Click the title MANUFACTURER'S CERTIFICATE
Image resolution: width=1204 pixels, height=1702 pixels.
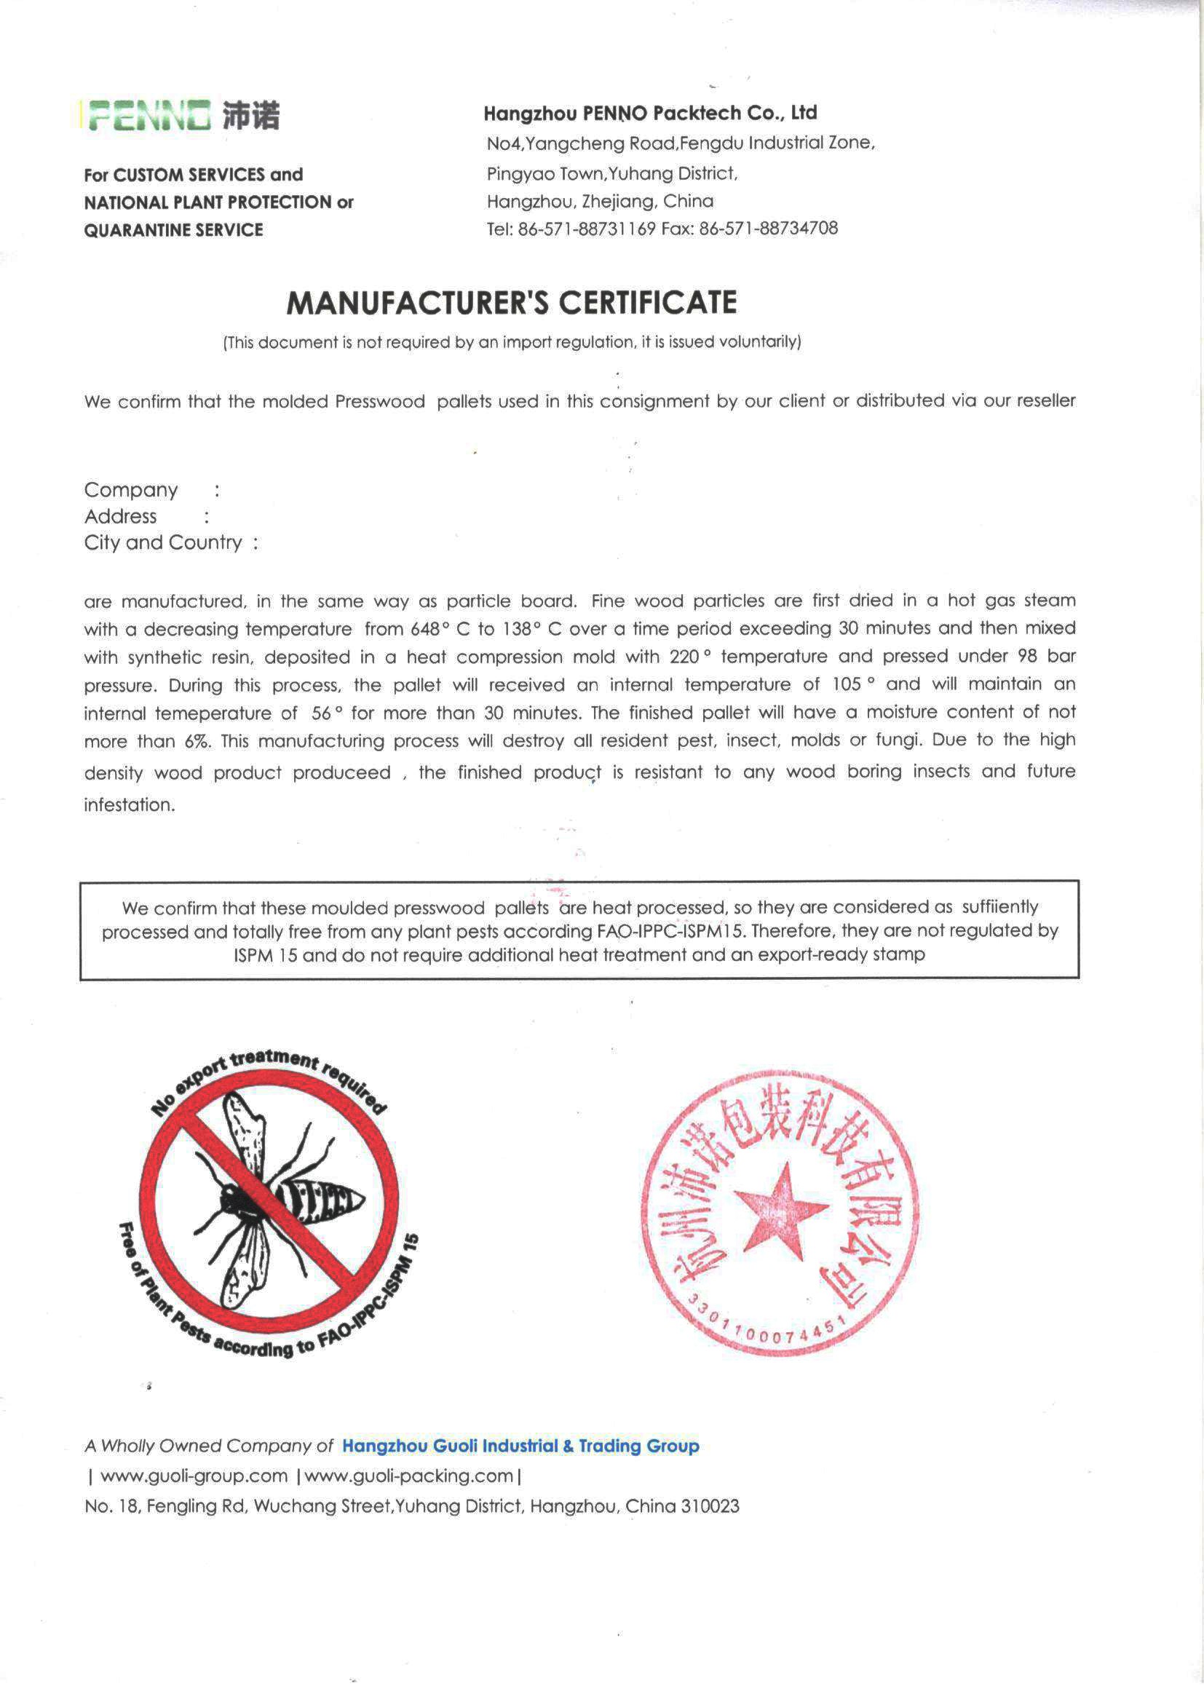tap(512, 302)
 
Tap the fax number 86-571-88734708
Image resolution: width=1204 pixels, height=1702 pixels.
tap(769, 229)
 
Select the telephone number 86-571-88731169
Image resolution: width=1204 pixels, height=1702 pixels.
tap(587, 229)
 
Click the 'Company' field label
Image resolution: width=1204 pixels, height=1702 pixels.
tap(131, 490)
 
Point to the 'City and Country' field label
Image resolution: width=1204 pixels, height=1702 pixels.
tap(163, 542)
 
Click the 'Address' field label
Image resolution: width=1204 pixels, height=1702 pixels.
tap(121, 517)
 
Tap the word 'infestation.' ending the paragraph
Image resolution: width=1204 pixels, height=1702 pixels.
tap(130, 806)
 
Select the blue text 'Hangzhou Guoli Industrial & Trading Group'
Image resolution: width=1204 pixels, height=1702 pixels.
tap(520, 1446)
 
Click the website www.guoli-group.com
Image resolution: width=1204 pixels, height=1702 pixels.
tap(194, 1476)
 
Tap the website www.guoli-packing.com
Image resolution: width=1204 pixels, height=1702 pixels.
tap(408, 1476)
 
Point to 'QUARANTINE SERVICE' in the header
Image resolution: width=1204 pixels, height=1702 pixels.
tap(173, 230)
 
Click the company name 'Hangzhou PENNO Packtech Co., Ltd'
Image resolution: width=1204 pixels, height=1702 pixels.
tap(650, 114)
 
